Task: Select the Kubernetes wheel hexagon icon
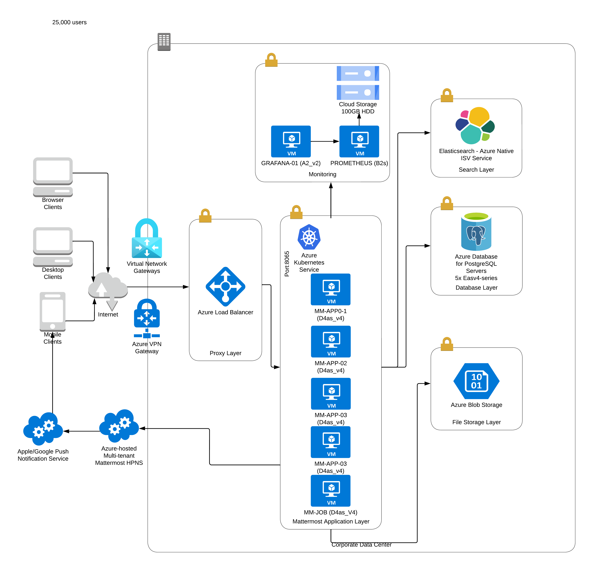pyautogui.click(x=309, y=237)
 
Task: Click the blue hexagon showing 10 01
pyautogui.click(x=476, y=381)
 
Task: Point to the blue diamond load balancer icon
pyautogui.click(x=225, y=287)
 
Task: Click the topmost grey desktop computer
pyautogui.click(x=53, y=177)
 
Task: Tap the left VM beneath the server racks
pyautogui.click(x=291, y=141)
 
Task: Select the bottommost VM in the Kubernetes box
pyautogui.click(x=331, y=491)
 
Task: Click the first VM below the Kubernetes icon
pyautogui.click(x=331, y=289)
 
